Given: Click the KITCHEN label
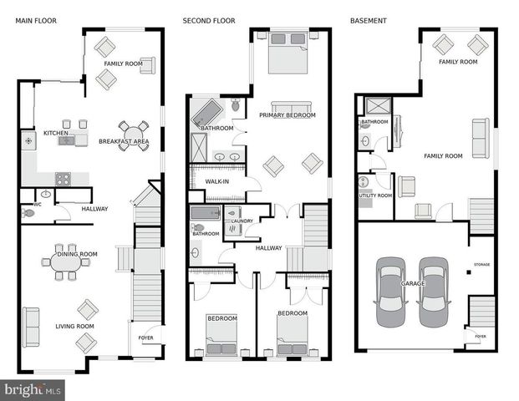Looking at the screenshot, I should click(x=55, y=133).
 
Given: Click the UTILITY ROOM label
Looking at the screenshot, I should click(x=374, y=195).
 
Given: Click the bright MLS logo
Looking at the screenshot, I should click(x=33, y=388).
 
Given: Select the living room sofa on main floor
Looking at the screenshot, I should click(x=30, y=327).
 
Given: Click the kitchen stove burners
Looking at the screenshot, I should click(x=63, y=178).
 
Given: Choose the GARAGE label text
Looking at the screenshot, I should click(x=412, y=284).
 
